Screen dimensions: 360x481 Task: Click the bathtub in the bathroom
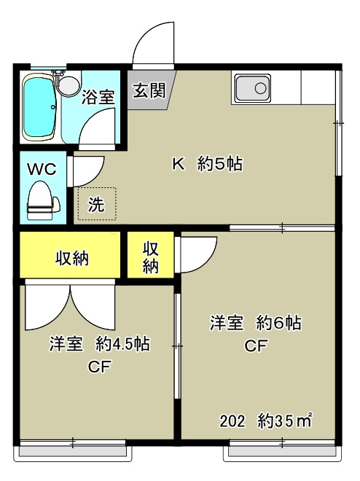click(x=39, y=107)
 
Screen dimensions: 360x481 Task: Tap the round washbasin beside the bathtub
click(x=70, y=85)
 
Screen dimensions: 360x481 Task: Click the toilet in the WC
click(x=42, y=200)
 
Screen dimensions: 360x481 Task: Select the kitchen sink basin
click(x=253, y=88)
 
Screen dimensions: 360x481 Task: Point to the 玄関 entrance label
click(x=149, y=90)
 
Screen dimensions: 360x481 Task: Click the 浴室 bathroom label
click(x=98, y=97)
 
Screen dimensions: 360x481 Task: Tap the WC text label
click(x=42, y=169)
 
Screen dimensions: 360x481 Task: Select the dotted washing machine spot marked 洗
click(x=97, y=203)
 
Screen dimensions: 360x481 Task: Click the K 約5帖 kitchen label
click(x=207, y=164)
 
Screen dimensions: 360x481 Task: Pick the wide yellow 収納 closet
click(x=70, y=254)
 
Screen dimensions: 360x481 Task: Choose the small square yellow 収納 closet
click(x=151, y=254)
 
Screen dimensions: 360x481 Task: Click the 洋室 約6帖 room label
click(x=256, y=323)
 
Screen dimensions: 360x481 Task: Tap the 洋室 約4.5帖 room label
click(x=100, y=343)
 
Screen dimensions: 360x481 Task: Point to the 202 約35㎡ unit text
click(x=265, y=421)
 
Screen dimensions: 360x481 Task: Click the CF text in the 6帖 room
click(x=256, y=345)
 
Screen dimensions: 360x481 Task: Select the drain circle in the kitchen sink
click(x=260, y=88)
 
